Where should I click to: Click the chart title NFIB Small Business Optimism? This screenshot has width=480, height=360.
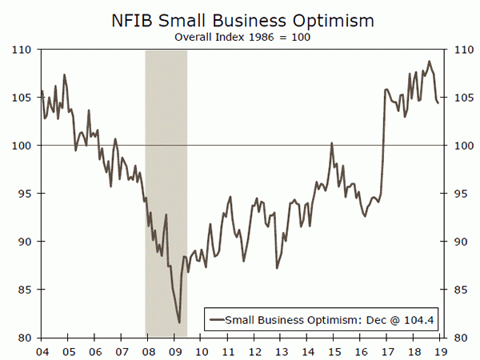(x=239, y=17)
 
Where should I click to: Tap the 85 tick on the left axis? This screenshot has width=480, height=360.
(x=22, y=290)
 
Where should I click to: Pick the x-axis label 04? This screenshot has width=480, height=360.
(x=41, y=350)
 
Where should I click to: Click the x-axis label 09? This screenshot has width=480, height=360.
(x=174, y=350)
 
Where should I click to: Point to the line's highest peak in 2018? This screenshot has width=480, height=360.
(x=429, y=62)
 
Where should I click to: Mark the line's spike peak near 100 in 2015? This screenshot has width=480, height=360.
(x=331, y=143)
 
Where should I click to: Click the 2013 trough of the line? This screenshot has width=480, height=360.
(x=277, y=267)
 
